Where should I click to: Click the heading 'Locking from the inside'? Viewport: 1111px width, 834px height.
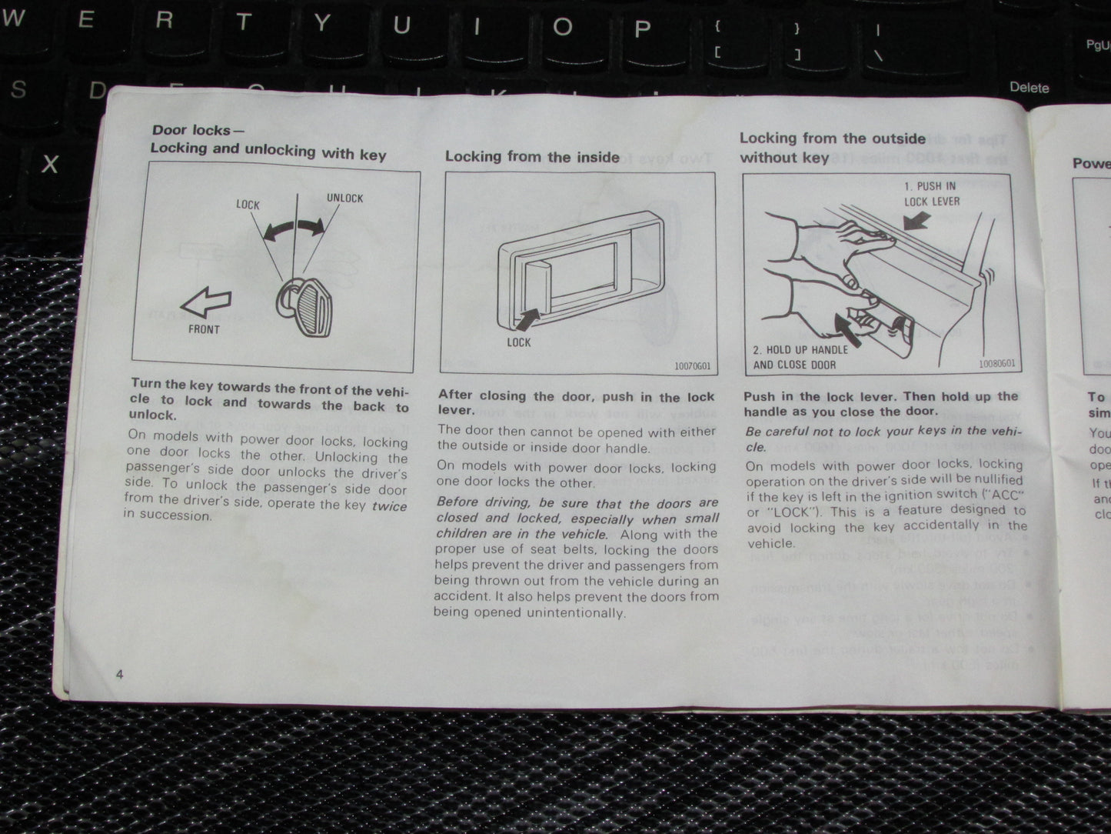coord(532,157)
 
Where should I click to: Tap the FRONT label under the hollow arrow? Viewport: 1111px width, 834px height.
coord(204,329)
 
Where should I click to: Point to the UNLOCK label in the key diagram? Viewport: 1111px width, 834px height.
coord(344,198)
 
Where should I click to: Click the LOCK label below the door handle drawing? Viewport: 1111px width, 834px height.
coord(519,342)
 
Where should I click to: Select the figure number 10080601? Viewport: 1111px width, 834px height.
coord(996,364)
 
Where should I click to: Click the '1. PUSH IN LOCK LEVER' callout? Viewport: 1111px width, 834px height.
coord(932,194)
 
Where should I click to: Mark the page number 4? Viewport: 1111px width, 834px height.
coord(119,675)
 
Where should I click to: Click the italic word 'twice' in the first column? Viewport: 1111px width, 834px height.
coord(389,506)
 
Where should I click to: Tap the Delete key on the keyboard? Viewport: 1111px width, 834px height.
coord(1029,88)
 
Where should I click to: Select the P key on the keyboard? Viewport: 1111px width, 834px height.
coord(641,28)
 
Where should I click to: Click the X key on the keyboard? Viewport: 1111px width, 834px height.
coord(50,164)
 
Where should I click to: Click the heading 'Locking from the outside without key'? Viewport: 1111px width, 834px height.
coord(832,148)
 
